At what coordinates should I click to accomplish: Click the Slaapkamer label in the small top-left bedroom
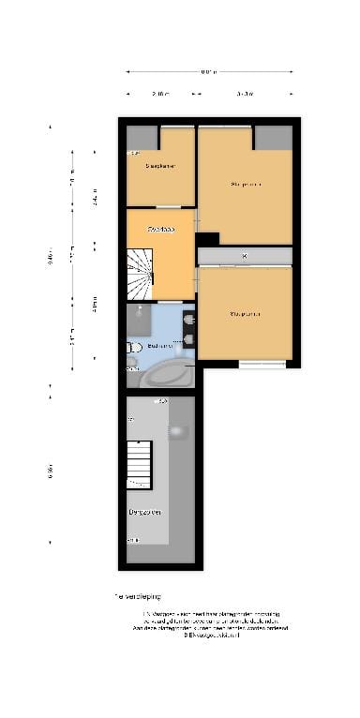[x=160, y=166]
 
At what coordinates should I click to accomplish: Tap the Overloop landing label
[x=160, y=229]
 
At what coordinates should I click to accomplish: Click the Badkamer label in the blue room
[x=159, y=346]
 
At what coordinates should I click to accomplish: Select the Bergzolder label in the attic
[x=147, y=512]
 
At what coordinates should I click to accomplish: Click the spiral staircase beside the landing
[x=142, y=273]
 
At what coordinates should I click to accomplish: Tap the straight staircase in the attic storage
[x=139, y=464]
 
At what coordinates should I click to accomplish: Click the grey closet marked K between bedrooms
[x=244, y=256]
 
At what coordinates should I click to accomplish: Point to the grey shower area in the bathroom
[x=140, y=321]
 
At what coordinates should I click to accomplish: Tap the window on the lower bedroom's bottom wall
[x=262, y=363]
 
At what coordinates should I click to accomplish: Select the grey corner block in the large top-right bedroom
[x=273, y=138]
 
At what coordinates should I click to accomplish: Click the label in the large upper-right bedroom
[x=246, y=185]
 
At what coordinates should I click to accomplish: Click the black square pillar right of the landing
[x=207, y=239]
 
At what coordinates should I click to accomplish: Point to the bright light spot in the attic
[x=176, y=430]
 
